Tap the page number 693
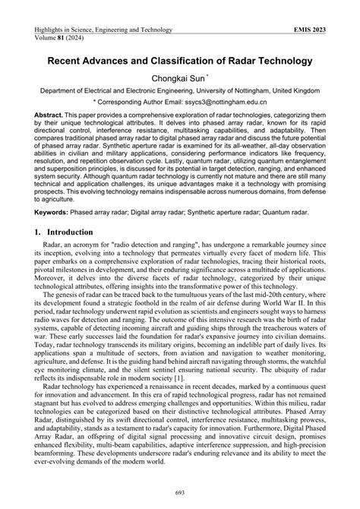[x=180, y=495]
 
